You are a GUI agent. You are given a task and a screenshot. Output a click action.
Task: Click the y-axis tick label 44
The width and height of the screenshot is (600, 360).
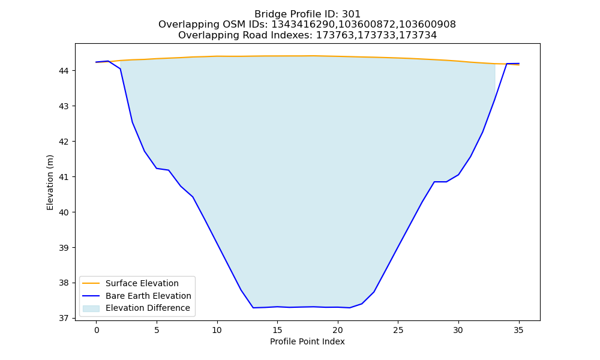[x=64, y=71]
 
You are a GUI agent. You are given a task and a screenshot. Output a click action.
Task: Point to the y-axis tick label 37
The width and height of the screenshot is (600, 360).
[x=64, y=318]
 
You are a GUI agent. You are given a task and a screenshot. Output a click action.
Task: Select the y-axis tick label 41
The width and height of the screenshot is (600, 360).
[x=64, y=177]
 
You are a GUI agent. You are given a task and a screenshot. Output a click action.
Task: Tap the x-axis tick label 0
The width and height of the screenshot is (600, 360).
[x=97, y=331]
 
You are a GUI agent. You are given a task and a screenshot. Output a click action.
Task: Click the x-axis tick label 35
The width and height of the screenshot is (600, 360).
[x=518, y=331]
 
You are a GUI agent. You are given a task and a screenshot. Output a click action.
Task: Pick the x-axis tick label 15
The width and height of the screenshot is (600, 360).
[x=277, y=331]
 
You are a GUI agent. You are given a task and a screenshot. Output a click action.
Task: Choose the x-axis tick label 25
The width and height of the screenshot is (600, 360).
[x=398, y=331]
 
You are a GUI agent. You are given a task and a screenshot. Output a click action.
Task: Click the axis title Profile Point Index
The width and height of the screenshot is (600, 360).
[x=307, y=341]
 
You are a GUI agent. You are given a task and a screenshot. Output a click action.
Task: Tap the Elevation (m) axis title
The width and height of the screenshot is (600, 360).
[x=50, y=182]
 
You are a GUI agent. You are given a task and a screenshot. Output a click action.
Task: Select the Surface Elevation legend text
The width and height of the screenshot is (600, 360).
[x=142, y=283]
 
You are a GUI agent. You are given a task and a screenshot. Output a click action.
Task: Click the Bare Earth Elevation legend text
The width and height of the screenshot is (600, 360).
[x=148, y=296]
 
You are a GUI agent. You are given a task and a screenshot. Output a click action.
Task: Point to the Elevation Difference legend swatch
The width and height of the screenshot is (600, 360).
[x=91, y=308]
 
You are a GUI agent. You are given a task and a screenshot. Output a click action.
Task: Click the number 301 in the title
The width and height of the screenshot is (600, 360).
[x=351, y=14]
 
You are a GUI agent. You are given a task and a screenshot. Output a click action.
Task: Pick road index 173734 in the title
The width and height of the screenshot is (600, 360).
[x=418, y=35]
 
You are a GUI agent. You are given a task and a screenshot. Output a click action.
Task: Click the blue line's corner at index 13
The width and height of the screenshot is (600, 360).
[x=253, y=308]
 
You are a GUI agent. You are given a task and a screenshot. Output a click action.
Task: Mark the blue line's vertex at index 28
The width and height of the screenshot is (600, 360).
[x=434, y=182]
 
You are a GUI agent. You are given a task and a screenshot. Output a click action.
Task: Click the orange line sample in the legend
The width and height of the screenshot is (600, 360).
[x=91, y=283]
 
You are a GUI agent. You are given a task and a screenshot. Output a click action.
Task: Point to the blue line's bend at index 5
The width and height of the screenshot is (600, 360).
[x=157, y=169]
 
